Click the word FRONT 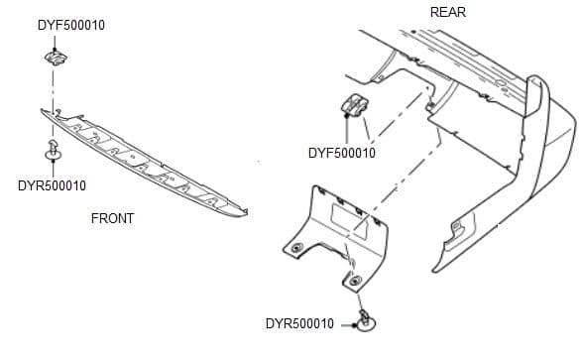112,217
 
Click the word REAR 448,12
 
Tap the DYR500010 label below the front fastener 53,185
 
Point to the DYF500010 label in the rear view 341,153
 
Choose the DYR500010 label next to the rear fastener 299,324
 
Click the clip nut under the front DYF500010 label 54,60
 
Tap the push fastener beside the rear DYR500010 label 365,320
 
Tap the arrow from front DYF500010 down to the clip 54,44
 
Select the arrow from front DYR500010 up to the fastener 52,170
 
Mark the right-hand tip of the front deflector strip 244,210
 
